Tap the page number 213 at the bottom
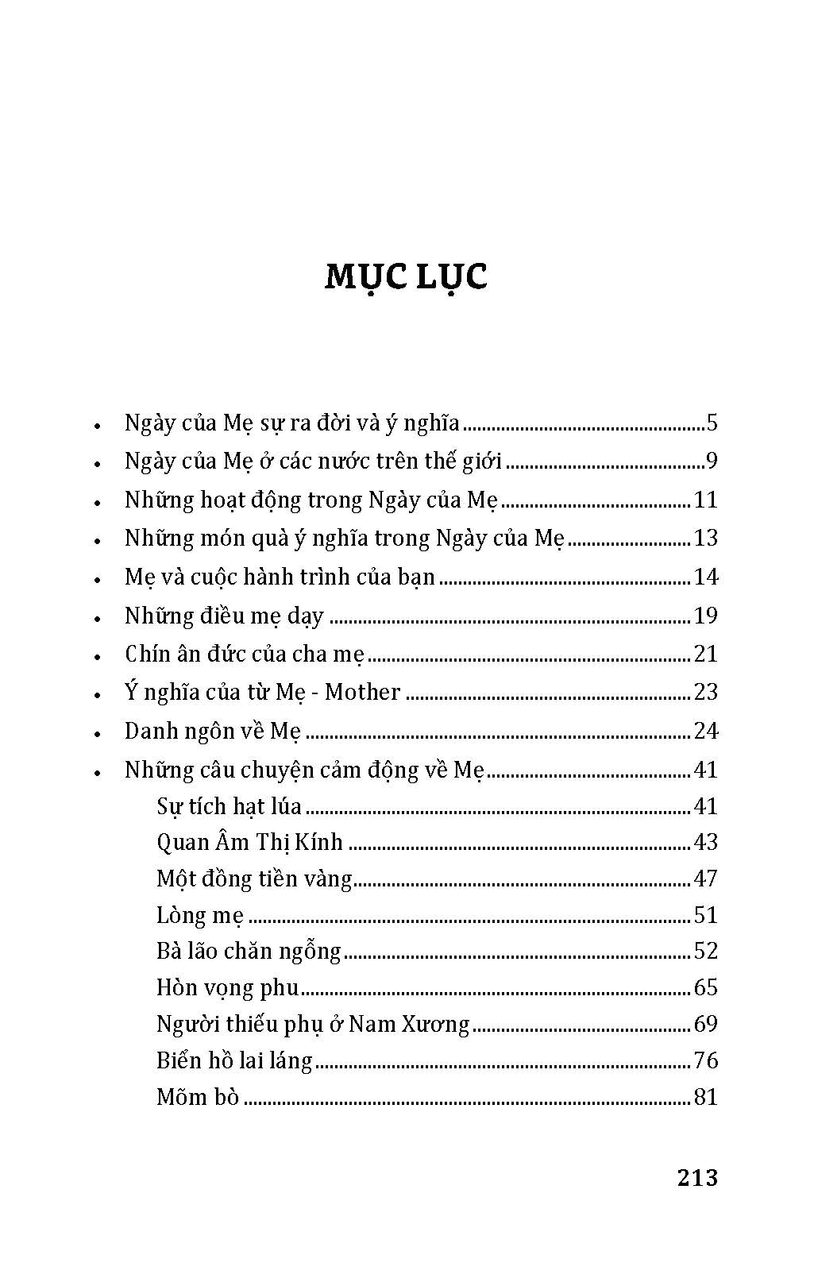[697, 1177]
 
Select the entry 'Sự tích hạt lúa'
[229, 807]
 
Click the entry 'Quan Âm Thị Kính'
[249, 843]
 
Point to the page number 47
[705, 878]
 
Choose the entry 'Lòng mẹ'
[199, 916]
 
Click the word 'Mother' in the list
[362, 693]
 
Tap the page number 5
[712, 423]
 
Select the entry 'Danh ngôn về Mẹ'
[212, 732]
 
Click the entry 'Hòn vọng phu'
[227, 988]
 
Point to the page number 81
[705, 1098]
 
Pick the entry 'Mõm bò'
[198, 1098]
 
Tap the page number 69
[705, 1025]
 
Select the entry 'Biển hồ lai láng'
[234, 1061]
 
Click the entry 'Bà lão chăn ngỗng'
[249, 952]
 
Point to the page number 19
[705, 616]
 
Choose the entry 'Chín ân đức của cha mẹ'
[244, 655]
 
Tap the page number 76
[705, 1061]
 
